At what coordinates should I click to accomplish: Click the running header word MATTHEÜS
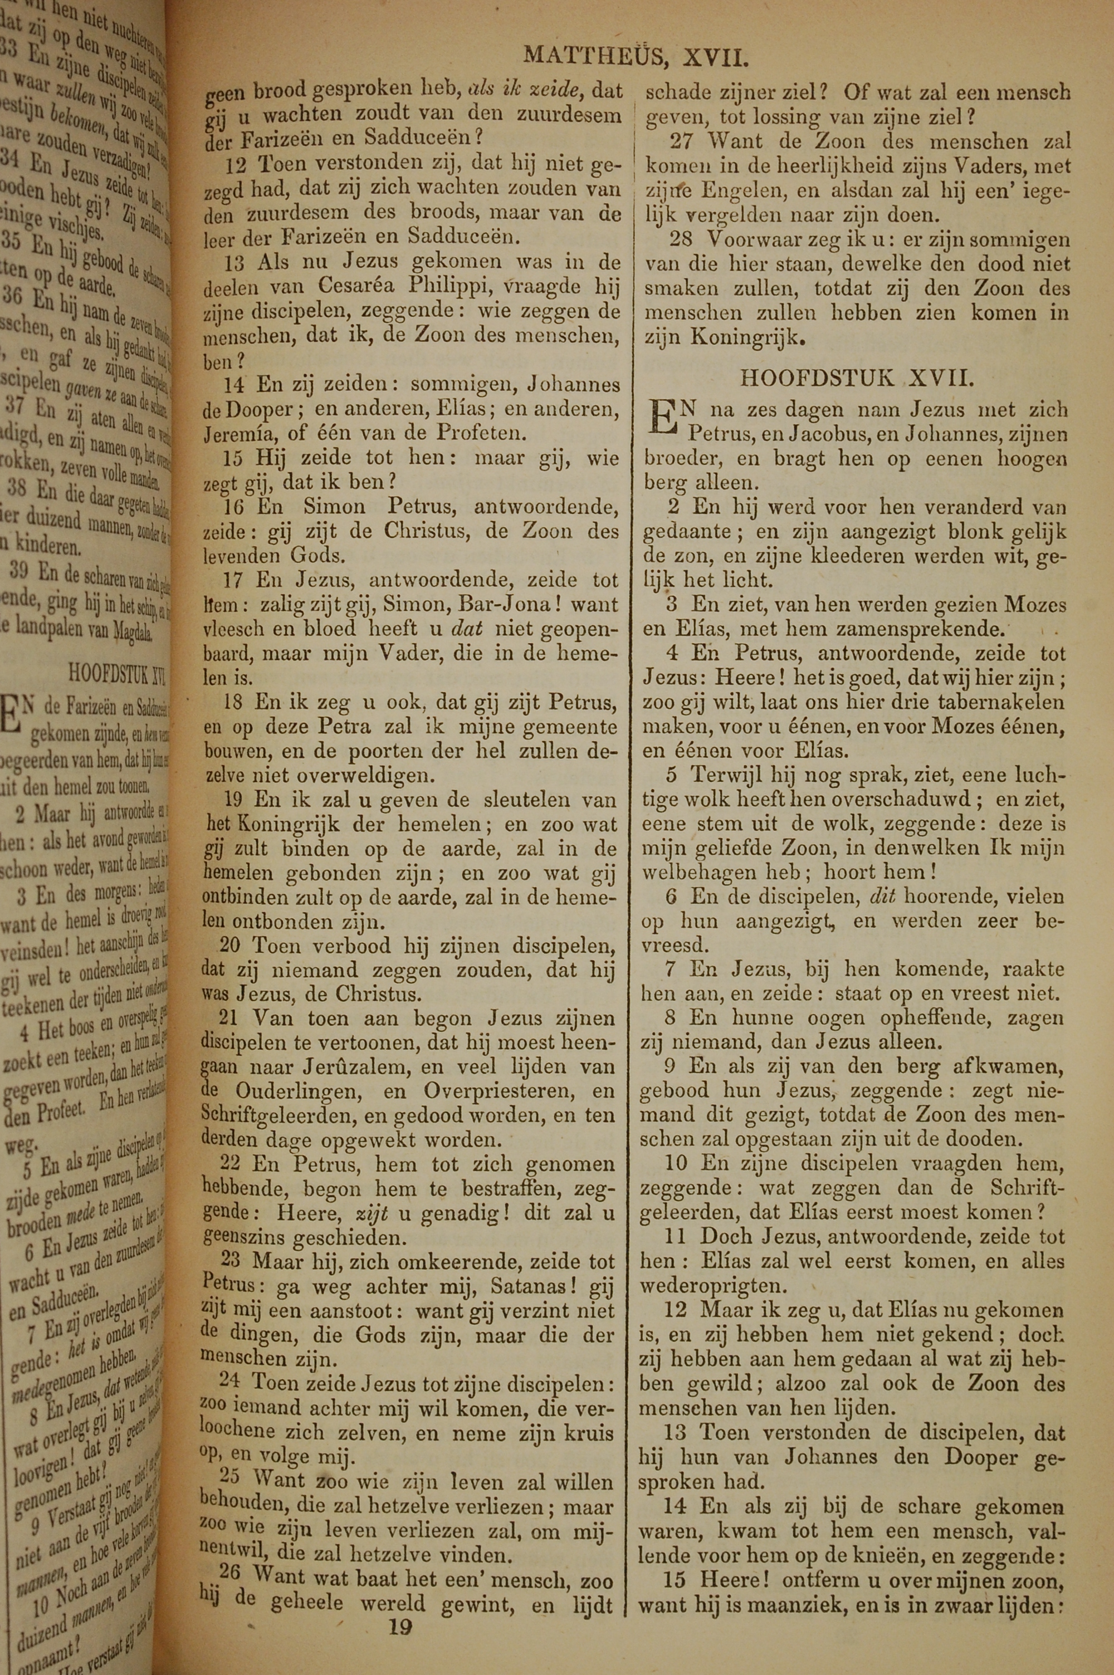(x=593, y=55)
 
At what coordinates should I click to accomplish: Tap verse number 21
(x=229, y=1019)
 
